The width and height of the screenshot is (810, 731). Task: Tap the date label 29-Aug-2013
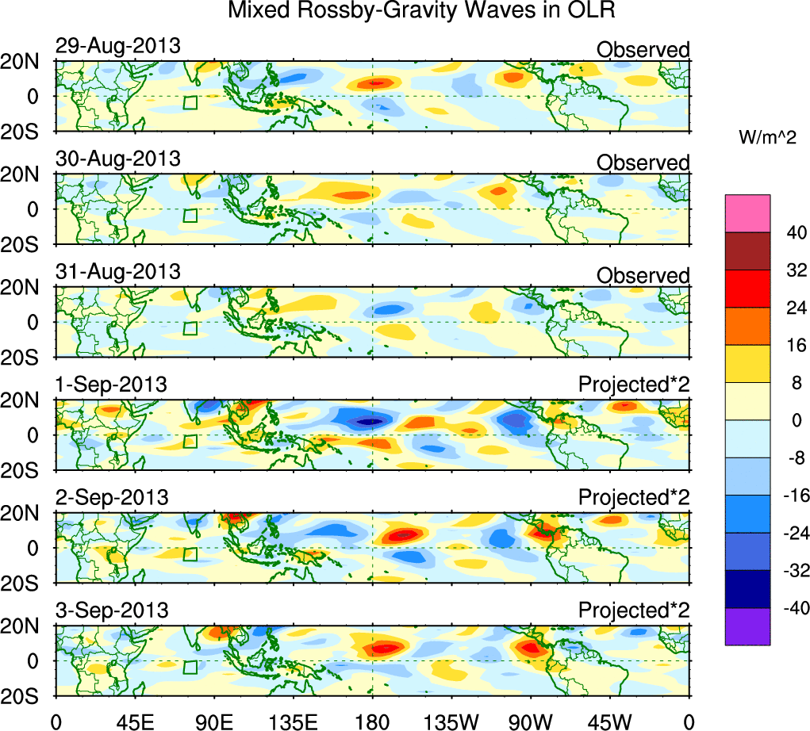point(117,46)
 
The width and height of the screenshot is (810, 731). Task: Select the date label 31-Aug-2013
point(117,271)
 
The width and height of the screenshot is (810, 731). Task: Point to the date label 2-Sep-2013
point(112,497)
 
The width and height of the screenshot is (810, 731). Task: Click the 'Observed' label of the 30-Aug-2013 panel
point(643,163)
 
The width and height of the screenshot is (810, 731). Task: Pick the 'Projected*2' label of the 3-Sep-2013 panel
point(634,610)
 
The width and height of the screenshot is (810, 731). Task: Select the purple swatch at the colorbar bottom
point(747,626)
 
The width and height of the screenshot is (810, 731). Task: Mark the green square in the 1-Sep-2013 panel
point(190,442)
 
